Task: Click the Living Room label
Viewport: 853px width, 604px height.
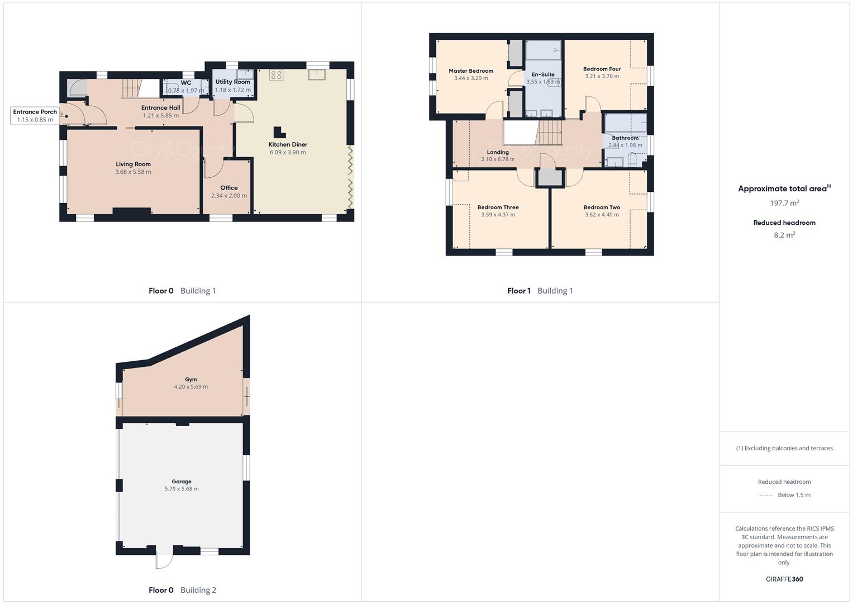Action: pos(134,164)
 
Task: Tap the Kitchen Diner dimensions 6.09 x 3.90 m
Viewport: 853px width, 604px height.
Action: pos(288,152)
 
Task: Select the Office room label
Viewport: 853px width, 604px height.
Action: pos(229,188)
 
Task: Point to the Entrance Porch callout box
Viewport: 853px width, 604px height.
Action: pos(35,116)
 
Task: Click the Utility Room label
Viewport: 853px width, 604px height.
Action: pos(233,82)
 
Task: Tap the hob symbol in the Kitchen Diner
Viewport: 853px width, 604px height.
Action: pos(276,75)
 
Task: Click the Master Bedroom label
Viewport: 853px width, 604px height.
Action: pos(471,71)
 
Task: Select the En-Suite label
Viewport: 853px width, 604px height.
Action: pos(543,74)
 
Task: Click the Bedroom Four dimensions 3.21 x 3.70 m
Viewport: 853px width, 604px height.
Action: pos(602,76)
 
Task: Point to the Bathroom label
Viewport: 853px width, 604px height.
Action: pos(625,138)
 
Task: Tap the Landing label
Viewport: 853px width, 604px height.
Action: pos(498,152)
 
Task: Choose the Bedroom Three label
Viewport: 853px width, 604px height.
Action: pos(498,207)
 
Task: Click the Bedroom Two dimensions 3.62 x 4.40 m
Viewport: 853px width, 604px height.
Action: pos(602,215)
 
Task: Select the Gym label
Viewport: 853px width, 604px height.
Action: pos(191,379)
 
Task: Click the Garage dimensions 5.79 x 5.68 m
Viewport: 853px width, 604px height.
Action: pos(182,489)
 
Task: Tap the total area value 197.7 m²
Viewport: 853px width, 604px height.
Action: pos(784,203)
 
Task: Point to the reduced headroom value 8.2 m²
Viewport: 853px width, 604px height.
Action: pos(784,235)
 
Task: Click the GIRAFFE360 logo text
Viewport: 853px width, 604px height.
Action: pos(784,579)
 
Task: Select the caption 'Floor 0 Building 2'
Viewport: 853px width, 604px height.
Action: pos(182,590)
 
